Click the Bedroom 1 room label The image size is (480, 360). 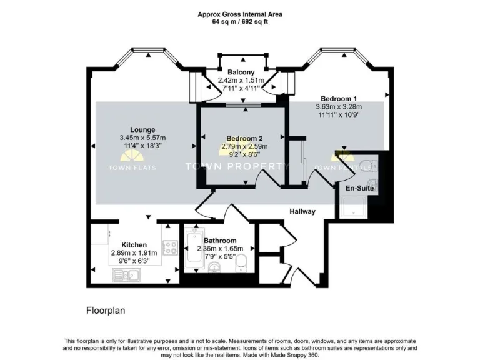point(339,98)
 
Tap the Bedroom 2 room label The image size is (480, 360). point(244,138)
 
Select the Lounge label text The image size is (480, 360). point(142,129)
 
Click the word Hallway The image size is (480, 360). point(302,212)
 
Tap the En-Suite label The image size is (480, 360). point(359,187)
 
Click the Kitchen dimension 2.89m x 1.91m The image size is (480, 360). point(134,252)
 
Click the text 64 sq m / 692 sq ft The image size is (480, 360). point(240,21)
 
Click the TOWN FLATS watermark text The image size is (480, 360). point(132,167)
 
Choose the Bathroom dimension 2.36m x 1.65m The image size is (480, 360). point(221,248)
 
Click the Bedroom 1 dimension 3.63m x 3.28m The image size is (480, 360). point(339,106)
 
